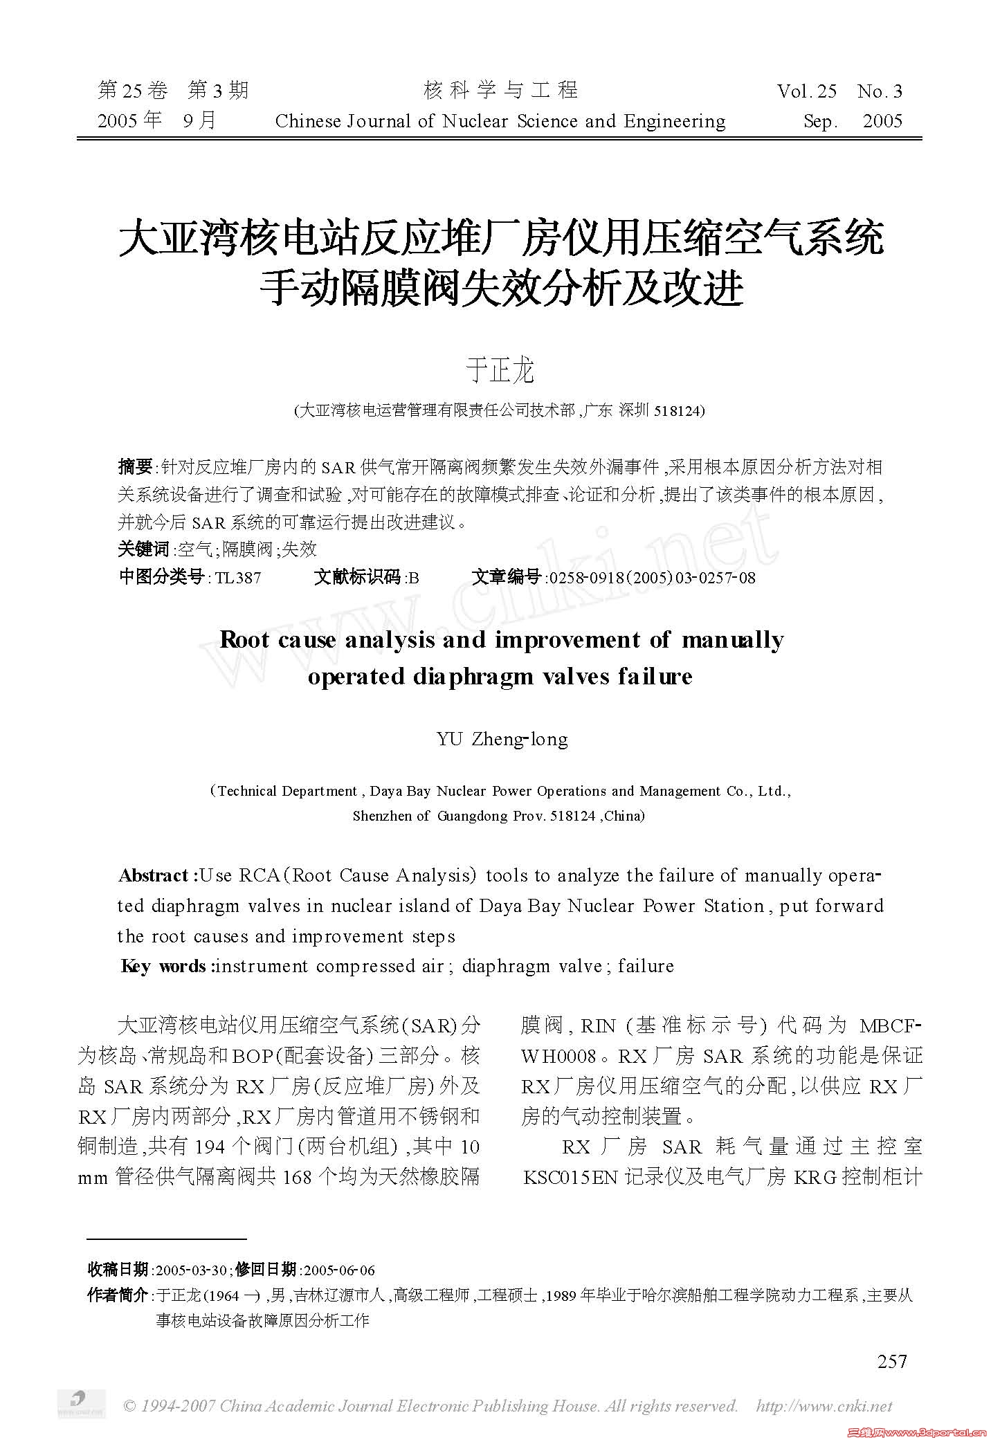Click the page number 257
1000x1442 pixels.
tap(891, 1361)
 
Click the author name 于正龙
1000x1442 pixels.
tap(500, 372)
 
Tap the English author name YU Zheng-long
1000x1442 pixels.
tap(502, 739)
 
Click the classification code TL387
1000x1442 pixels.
tap(238, 577)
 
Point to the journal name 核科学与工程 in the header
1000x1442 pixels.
tap(500, 90)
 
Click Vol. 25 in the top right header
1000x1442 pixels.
tap(807, 91)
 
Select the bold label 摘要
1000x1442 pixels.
tap(135, 467)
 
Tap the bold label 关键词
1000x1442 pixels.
tap(143, 549)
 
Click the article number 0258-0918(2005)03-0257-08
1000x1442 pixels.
tap(651, 577)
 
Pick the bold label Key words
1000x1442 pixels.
tap(165, 966)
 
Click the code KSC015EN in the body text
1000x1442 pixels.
tap(570, 1177)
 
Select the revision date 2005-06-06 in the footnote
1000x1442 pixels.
tap(339, 1270)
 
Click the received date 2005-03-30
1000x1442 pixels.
tap(192, 1270)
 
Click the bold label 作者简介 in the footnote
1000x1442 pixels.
tap(118, 1295)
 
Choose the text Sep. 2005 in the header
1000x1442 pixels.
tap(853, 122)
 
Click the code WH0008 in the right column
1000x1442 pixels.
tap(558, 1055)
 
